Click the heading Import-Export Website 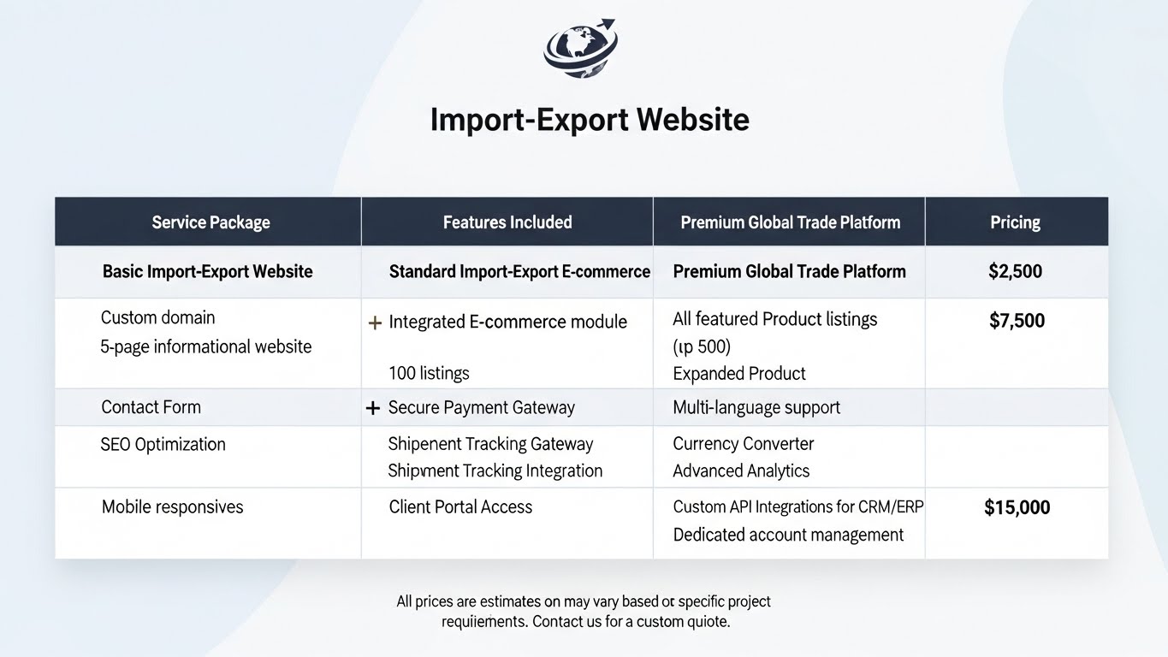pyautogui.click(x=590, y=119)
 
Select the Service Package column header pyautogui.click(x=210, y=222)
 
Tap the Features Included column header pyautogui.click(x=507, y=222)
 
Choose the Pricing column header pyautogui.click(x=1015, y=222)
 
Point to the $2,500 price pyautogui.click(x=1015, y=272)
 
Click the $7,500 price pyautogui.click(x=1017, y=321)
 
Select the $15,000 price pyautogui.click(x=1017, y=507)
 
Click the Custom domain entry pyautogui.click(x=158, y=318)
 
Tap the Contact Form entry pyautogui.click(x=151, y=407)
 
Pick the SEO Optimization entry pyautogui.click(x=163, y=444)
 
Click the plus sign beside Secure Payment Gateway pyautogui.click(x=372, y=409)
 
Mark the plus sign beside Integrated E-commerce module pyautogui.click(x=374, y=323)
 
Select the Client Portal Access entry pyautogui.click(x=460, y=507)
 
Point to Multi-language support pyautogui.click(x=756, y=408)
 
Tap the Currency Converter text pyautogui.click(x=743, y=444)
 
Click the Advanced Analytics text pyautogui.click(x=741, y=471)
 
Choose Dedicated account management pyautogui.click(x=788, y=535)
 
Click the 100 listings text pyautogui.click(x=429, y=373)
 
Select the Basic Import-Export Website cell pyautogui.click(x=208, y=272)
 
